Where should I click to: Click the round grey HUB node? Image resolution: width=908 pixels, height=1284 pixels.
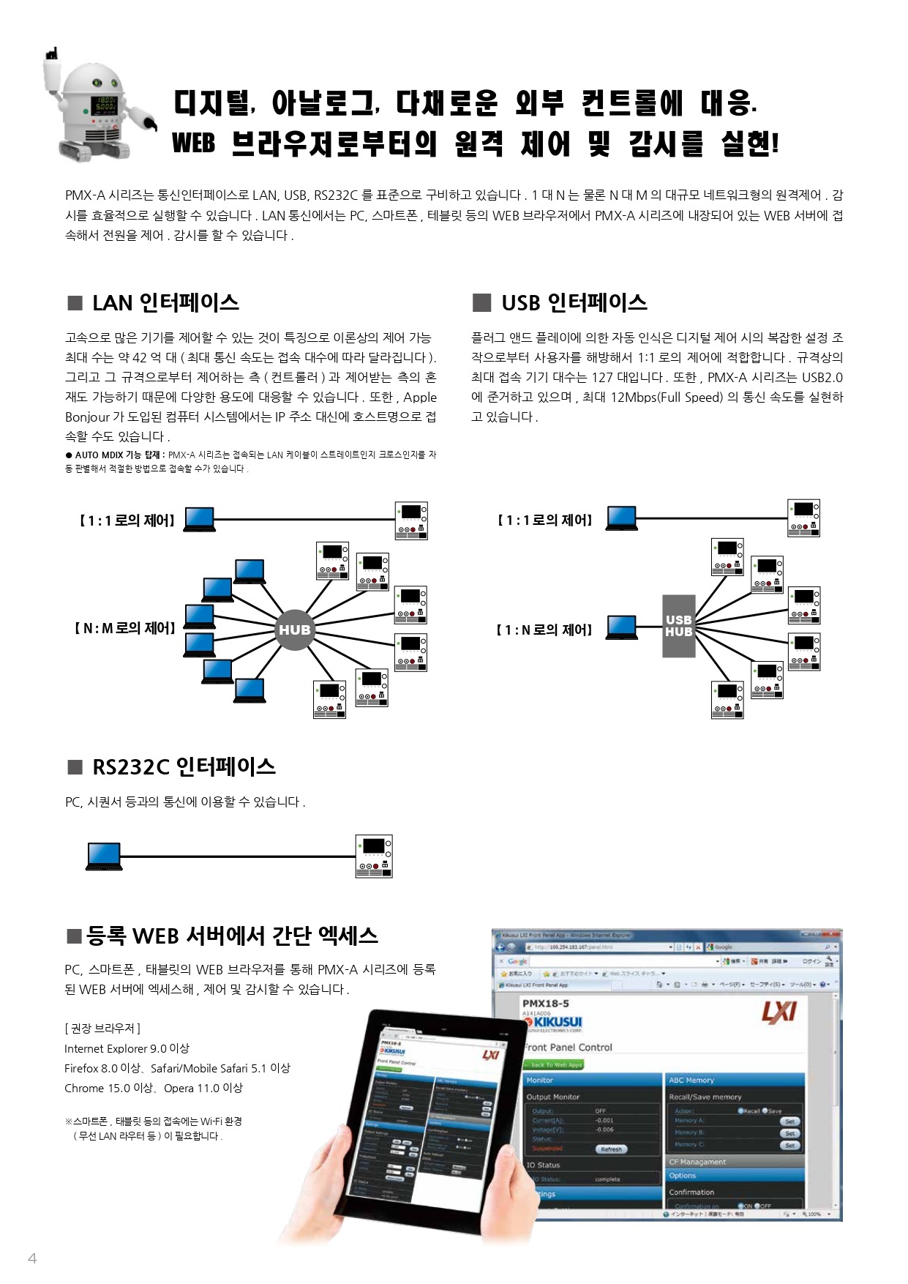point(294,630)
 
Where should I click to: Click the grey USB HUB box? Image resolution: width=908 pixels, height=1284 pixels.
point(678,626)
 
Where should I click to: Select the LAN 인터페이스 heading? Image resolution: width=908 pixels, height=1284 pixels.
point(165,303)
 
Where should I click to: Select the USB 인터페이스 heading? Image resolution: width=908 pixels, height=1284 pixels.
point(574,303)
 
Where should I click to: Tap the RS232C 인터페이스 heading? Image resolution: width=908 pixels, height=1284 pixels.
point(184,767)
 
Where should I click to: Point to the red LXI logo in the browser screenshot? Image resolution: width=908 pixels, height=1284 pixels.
point(778,1012)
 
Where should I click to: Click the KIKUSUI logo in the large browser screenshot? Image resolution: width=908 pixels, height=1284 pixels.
point(554,1022)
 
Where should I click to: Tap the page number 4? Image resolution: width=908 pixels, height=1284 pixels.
point(32,1258)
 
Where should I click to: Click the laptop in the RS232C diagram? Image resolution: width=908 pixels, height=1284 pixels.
point(104,856)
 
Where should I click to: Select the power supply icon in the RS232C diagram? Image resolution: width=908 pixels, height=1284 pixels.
point(374,856)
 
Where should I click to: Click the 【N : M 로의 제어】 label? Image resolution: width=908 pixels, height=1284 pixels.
point(125,628)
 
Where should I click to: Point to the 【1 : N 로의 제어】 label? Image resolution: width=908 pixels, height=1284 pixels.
point(544,630)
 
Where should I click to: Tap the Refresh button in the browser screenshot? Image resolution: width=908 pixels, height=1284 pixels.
point(611,1149)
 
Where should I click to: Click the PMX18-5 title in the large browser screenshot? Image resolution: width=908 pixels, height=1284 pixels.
point(546,1003)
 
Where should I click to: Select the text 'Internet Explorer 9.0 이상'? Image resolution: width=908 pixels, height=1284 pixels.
point(127,1048)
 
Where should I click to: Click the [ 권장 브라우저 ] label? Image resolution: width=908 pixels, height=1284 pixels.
point(102,1029)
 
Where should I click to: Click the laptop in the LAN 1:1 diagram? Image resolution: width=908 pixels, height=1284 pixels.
point(199,519)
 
